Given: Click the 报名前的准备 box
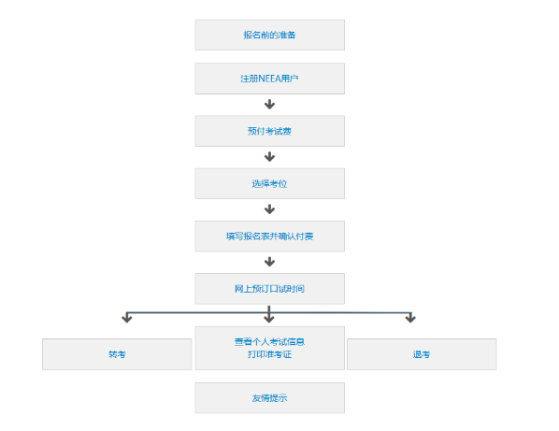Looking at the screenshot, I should coord(269,35).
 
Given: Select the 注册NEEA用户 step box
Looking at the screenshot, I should coord(269,79).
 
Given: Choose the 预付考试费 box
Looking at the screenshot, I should coord(269,131).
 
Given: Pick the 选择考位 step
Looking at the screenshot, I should coord(269,183).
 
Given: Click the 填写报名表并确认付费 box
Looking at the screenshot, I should coord(269,237).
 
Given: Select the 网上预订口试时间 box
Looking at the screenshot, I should coord(269,289).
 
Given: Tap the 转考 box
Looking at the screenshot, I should coord(116,355).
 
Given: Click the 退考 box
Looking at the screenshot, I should coord(422,355).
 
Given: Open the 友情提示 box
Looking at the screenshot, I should coord(269,398).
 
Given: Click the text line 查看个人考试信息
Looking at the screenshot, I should coord(269,341).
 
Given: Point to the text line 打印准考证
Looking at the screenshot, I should coord(269,354).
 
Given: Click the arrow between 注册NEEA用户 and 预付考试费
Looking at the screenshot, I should coord(269,105).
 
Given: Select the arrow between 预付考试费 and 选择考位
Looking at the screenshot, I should coord(269,157).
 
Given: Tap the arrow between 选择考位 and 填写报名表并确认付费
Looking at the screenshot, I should coord(269,209).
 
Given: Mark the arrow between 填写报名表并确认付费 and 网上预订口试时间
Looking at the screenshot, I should coord(269,262).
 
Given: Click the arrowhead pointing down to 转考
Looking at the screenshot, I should coord(127,319).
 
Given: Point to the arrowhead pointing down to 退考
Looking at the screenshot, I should coord(409,319).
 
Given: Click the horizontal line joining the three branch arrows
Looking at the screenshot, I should coord(196,312).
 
